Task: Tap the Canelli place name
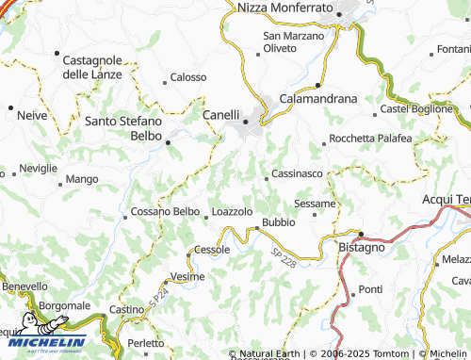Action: coord(221,116)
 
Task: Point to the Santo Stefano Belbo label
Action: coord(123,127)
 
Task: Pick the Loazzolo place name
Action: coord(232,212)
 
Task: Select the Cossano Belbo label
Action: coord(165,212)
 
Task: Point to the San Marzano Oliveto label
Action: coord(292,41)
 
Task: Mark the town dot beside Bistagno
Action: coord(361,233)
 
